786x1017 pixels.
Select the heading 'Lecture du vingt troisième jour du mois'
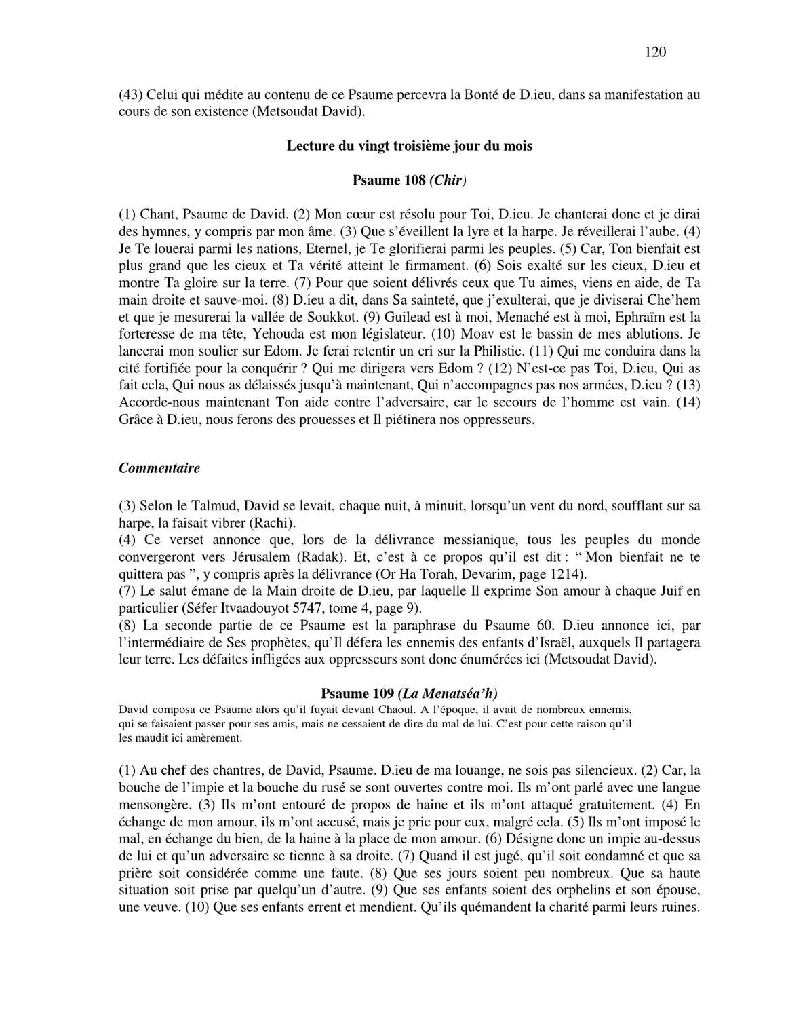409,146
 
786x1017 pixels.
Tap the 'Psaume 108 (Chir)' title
409,180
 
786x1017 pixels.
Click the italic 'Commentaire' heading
159,468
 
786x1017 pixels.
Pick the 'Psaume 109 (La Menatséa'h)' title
409,693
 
